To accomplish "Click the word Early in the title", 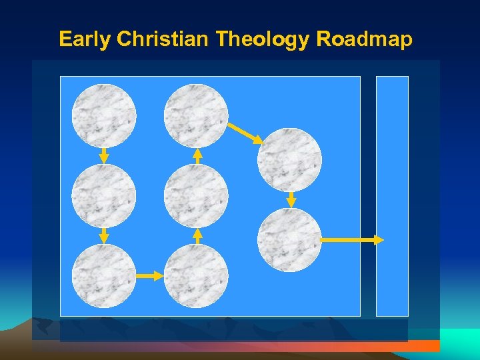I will [85, 39].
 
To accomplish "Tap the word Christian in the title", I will [163, 39].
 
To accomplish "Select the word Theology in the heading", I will [263, 39].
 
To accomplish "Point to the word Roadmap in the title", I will [365, 39].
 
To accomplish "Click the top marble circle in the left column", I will [104, 116].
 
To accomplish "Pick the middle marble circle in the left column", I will [104, 196].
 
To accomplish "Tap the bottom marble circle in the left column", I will [104, 275].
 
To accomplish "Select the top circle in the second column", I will [196, 116].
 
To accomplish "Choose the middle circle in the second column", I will [196, 196].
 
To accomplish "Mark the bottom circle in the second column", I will [196, 275].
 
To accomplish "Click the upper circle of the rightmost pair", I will [289, 160].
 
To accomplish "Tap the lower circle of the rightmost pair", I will [289, 240].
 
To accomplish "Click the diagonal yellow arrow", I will [245, 133].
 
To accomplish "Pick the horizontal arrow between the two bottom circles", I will [150, 275].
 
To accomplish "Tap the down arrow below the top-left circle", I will [104, 155].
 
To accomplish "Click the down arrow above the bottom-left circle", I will [104, 235].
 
